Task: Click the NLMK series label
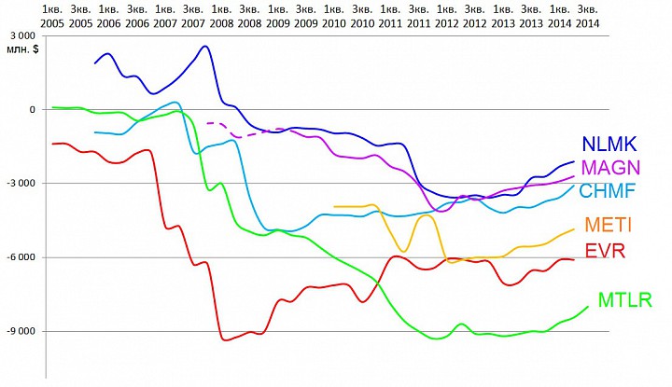[x=609, y=145]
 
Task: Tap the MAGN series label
[x=609, y=168]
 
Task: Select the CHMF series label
[x=608, y=191]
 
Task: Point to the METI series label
[x=605, y=225]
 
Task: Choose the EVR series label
[x=605, y=251]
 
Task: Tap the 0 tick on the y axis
[x=32, y=109]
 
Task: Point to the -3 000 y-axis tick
[x=20, y=183]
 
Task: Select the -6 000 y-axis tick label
[x=20, y=257]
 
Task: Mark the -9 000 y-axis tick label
[x=20, y=331]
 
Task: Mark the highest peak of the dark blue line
[x=205, y=47]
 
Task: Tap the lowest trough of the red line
[x=225, y=339]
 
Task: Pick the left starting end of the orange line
[x=334, y=206]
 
